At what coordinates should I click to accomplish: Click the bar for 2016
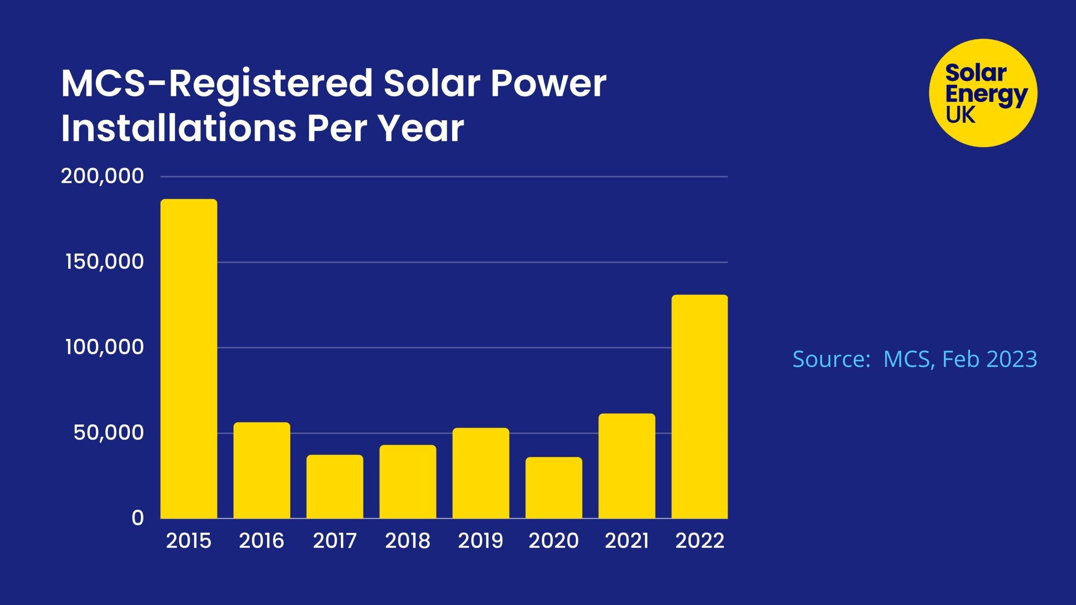(x=262, y=470)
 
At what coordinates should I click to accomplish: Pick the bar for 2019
(x=480, y=473)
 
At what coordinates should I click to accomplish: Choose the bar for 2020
(x=554, y=488)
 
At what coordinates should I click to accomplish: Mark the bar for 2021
(x=627, y=466)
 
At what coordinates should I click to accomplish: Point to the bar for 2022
(x=699, y=406)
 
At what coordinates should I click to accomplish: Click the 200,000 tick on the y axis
(x=102, y=176)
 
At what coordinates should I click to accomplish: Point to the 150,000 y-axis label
(x=104, y=262)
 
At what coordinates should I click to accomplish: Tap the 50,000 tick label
(x=108, y=433)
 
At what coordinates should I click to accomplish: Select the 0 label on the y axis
(x=137, y=518)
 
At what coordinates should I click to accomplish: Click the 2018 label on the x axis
(x=408, y=541)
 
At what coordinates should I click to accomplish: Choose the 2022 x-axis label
(x=700, y=541)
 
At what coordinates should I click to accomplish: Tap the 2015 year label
(x=189, y=541)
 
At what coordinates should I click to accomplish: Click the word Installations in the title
(x=179, y=128)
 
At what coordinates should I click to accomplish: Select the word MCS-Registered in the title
(x=216, y=84)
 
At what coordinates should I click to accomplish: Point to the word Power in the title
(x=549, y=84)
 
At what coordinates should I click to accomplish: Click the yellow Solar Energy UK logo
(x=983, y=93)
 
